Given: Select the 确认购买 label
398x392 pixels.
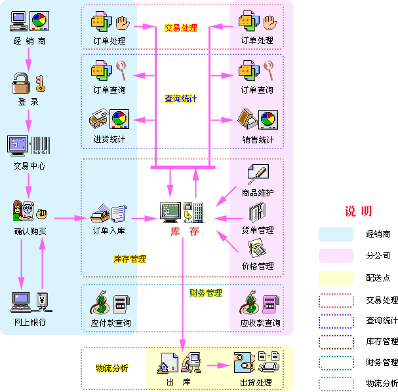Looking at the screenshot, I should coord(30,231).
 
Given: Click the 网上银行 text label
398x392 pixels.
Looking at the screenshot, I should coord(30,323).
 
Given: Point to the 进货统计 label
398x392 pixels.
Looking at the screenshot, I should coord(109,139).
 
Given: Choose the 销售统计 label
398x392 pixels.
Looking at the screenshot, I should coord(258,139).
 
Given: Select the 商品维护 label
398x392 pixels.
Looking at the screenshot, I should coord(258,193).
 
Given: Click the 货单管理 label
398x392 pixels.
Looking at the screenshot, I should coord(258,230).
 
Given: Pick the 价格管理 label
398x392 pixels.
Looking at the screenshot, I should coord(258,266).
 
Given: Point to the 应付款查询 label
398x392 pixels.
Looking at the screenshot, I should coord(110,323).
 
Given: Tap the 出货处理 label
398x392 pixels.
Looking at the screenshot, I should coord(256,382).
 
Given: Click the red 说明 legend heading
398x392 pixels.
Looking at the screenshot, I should coord(359,211).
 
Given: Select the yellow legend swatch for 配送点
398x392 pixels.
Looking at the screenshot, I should coord(336,277).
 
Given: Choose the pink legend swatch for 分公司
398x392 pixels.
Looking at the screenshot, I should coord(336,255).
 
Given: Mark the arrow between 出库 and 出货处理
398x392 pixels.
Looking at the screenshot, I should coord(216,364).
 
